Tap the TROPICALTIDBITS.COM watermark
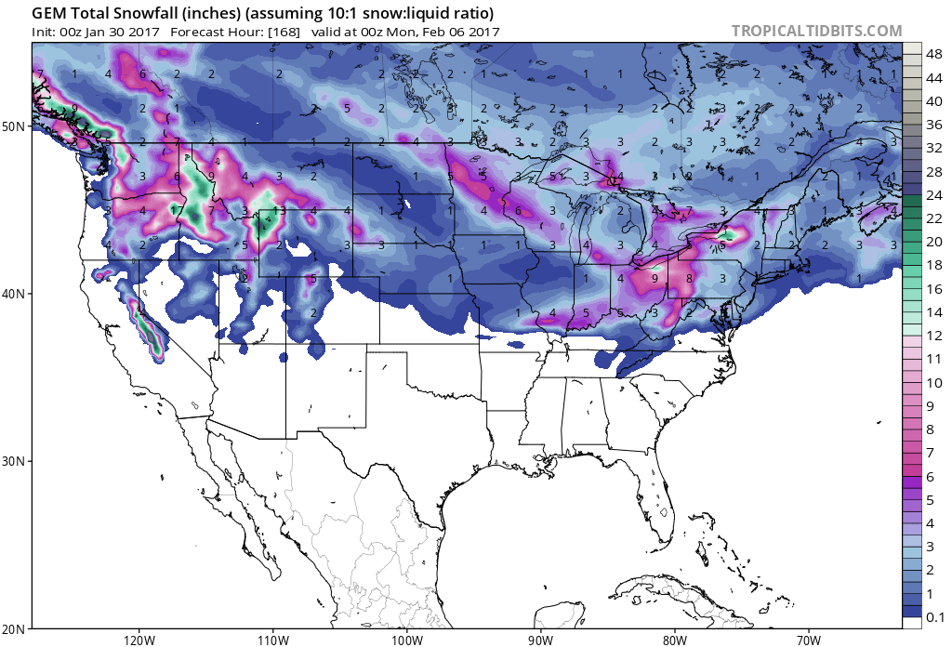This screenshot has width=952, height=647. tap(816, 31)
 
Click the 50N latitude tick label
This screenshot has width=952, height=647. tap(16, 125)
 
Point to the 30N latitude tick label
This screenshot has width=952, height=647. tap(16, 462)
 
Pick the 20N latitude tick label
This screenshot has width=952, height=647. tap(16, 629)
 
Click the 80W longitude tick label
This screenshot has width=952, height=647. tap(675, 640)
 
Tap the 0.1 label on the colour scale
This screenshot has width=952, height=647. tap(935, 617)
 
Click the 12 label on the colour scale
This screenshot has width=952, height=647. tap(934, 336)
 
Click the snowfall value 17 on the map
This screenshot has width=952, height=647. tap(177, 211)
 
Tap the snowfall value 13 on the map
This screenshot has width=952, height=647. tap(279, 211)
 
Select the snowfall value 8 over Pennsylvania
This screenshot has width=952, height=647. tap(689, 278)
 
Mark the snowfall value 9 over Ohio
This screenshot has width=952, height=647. tap(654, 278)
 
